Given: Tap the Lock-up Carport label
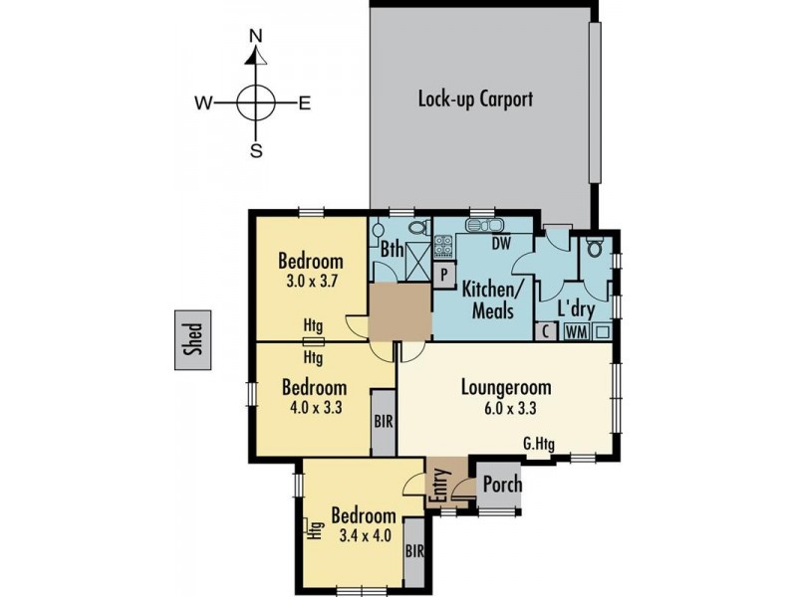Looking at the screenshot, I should pyautogui.click(x=475, y=99).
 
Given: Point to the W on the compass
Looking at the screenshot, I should pyautogui.click(x=202, y=101).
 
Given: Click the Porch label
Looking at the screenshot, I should pyautogui.click(x=502, y=485).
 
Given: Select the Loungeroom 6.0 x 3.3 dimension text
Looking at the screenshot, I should pyautogui.click(x=505, y=408).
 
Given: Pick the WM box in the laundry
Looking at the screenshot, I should pyautogui.click(x=576, y=333).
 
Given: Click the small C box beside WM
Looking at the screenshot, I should pyautogui.click(x=546, y=333).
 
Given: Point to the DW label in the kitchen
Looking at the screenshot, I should pyautogui.click(x=501, y=242).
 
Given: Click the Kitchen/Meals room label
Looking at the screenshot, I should pyautogui.click(x=489, y=299).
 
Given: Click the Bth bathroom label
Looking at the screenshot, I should pyautogui.click(x=391, y=251).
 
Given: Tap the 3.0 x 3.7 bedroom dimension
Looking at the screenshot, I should pyautogui.click(x=311, y=281).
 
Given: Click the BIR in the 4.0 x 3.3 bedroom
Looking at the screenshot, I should pyautogui.click(x=384, y=421).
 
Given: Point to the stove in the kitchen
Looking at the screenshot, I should pyautogui.click(x=443, y=246).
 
